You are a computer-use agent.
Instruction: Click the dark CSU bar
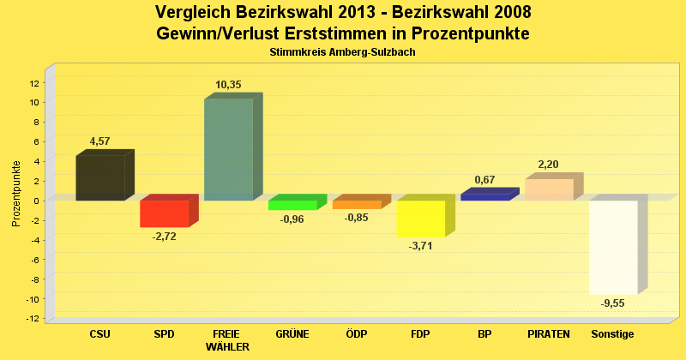[100, 177]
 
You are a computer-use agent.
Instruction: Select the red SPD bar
[164, 213]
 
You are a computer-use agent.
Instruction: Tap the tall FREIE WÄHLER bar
[228, 149]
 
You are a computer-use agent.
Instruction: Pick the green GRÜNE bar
[292, 205]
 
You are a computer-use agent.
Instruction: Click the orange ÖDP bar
[356, 205]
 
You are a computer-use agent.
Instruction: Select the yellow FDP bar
[420, 219]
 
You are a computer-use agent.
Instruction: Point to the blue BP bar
[484, 197]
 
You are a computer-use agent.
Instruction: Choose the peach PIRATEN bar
[549, 189]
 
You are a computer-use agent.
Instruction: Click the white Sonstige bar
[613, 247]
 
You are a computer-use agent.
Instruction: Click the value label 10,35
[228, 85]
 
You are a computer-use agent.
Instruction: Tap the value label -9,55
[613, 304]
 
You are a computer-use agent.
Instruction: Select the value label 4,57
[100, 141]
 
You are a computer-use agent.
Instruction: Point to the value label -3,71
[420, 246]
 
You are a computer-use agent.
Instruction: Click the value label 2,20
[549, 165]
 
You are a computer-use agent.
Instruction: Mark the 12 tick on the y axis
[34, 83]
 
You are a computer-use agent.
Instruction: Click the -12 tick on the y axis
[33, 319]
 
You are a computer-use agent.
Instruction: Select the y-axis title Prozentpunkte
[16, 193]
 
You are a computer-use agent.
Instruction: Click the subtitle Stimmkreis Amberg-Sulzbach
[342, 52]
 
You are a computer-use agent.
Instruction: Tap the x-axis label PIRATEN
[549, 333]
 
